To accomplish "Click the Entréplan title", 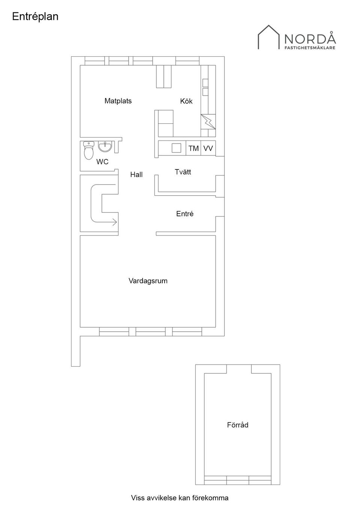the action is [35, 16].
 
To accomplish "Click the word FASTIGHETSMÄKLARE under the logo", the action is [310, 48].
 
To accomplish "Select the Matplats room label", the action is [118, 101].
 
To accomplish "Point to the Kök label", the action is [186, 101].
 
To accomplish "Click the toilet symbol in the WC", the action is [88, 150].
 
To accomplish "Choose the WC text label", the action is [102, 162].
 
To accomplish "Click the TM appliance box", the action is [193, 148].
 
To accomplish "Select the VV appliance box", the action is [208, 148].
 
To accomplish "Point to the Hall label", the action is [136, 175].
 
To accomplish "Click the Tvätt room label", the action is [183, 172].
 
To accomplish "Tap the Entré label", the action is [185, 214].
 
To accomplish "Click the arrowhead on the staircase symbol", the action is [114, 222].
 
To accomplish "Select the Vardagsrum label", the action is [148, 281].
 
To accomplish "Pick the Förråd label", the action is [237, 425].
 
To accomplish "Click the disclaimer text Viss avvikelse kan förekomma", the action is [180, 498].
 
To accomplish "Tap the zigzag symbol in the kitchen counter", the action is [208, 121].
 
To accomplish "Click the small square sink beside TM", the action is [176, 148].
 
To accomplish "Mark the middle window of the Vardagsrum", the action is [150, 332].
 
